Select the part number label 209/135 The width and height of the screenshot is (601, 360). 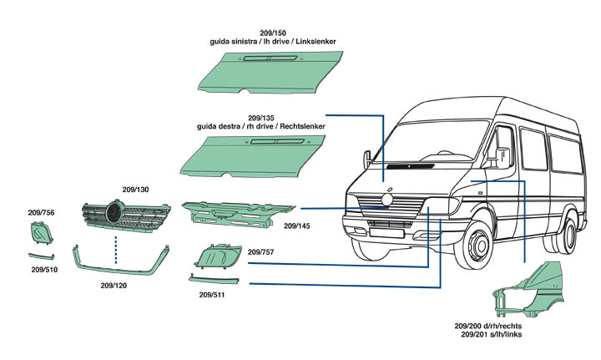pyautogui.click(x=261, y=118)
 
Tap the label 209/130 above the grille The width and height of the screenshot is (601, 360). pyautogui.click(x=135, y=190)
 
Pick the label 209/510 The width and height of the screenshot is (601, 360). pyautogui.click(x=45, y=270)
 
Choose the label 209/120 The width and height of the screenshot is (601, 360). pyautogui.click(x=114, y=285)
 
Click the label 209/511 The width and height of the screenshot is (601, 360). pyautogui.click(x=213, y=295)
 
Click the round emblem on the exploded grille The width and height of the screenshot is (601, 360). pyautogui.click(x=114, y=214)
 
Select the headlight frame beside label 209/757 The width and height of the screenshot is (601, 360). pyautogui.click(x=218, y=254)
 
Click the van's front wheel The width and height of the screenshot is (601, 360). pyautogui.click(x=479, y=249)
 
